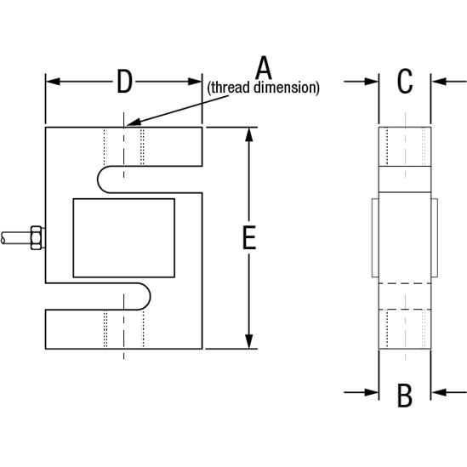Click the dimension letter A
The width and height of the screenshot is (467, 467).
[264, 67]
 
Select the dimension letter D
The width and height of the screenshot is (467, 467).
[124, 82]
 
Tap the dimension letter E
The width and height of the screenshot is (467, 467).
[248, 238]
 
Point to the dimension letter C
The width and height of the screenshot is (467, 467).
[405, 82]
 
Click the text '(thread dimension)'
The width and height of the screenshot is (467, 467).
[264, 88]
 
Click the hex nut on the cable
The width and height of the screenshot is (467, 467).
[36, 237]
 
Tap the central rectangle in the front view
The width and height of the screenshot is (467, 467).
[124, 237]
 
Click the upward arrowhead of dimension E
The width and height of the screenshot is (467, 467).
[249, 135]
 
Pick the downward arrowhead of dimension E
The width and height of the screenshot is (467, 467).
[249, 341]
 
